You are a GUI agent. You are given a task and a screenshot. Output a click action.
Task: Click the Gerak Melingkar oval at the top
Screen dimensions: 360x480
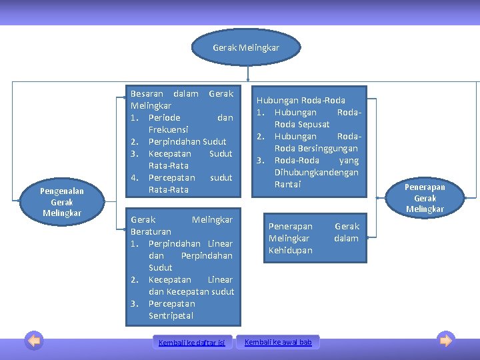pos(246,48)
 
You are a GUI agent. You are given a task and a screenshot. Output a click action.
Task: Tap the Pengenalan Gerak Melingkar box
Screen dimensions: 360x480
pos(61,202)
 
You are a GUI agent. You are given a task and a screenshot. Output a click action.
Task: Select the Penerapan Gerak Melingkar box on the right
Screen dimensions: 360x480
pos(425,198)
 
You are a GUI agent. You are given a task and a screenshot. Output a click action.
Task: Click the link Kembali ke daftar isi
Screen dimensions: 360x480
pos(191,343)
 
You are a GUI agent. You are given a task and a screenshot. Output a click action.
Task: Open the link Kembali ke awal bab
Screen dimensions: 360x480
pos(278,342)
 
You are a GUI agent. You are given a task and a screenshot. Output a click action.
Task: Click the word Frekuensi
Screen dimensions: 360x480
pos(168,129)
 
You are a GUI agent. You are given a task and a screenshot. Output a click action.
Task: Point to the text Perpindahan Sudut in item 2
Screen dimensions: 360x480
pos(187,141)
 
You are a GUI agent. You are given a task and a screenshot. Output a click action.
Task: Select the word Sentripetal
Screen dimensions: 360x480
pos(171,315)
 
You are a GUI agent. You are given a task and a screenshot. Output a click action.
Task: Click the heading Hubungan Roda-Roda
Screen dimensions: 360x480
pos(301,100)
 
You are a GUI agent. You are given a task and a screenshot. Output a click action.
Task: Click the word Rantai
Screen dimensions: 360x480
pos(287,184)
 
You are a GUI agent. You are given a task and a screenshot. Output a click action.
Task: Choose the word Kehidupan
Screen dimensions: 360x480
pos(290,250)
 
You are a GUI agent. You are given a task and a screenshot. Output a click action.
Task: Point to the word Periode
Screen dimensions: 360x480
pos(164,117)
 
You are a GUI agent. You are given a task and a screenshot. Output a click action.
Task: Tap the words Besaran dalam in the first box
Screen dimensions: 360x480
pos(164,93)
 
